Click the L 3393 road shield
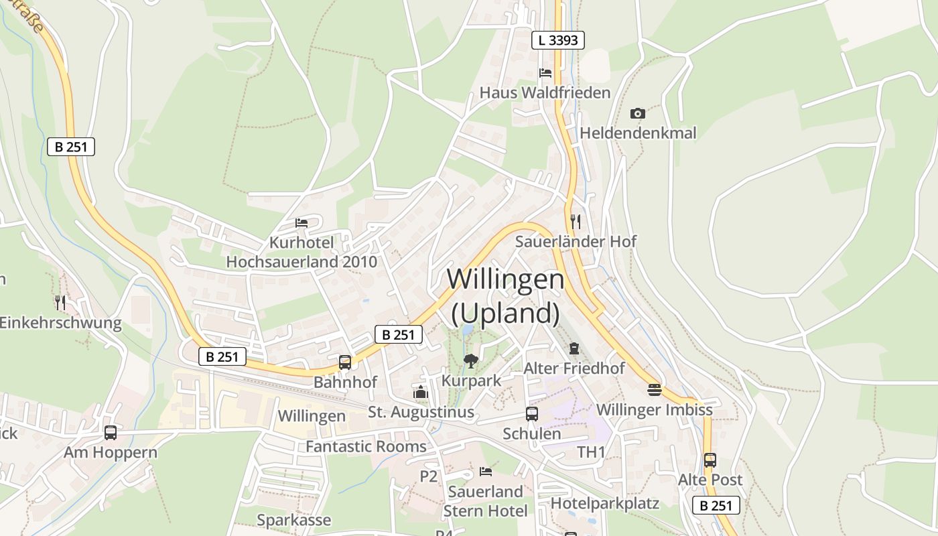pos(558,40)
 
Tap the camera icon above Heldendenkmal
pos(638,114)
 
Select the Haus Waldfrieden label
pos(545,92)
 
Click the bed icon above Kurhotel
pos(301,223)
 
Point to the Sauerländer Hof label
pos(576,241)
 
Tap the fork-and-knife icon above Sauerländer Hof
pos(575,221)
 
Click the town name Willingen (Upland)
pos(506,295)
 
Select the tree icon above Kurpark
pos(471,361)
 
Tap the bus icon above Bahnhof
pos(345,362)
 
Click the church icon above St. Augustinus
pos(421,392)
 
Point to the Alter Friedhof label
pos(574,368)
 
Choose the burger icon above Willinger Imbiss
pos(655,389)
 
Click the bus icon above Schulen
pos(532,414)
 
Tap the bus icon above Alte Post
pos(710,460)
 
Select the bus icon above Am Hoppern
pos(111,433)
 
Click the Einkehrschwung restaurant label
pos(60,323)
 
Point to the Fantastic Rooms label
pos(366,446)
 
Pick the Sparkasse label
pos(294,520)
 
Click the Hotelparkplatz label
pos(605,503)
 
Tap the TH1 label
pos(592,452)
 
